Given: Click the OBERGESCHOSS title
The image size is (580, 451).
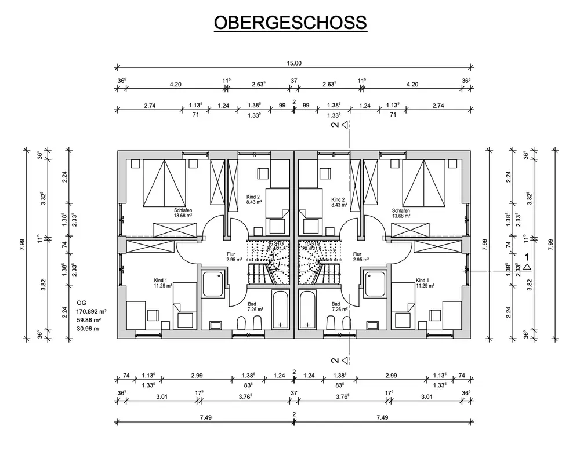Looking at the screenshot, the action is pos(290,22).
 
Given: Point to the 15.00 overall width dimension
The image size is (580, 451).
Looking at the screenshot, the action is pos(294,64).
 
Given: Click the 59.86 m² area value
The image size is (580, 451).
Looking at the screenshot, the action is pos(89,319).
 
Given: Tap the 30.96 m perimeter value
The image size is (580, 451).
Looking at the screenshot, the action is pos(88,329).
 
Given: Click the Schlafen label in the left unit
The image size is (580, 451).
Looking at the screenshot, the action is pos(183,210).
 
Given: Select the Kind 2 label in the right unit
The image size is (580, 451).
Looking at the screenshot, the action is pos(338,198).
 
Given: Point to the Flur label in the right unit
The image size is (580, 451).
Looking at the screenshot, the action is pos(357,254).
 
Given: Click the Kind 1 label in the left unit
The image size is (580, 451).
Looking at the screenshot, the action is pos(161,280).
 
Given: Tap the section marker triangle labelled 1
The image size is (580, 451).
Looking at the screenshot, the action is pos(527,267).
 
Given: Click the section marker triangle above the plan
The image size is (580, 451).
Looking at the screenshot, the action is pos(345,124).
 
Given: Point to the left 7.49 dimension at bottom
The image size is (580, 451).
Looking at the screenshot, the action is pos(204,418).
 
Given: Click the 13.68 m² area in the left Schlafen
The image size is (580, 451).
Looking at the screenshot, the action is pos(183,216).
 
